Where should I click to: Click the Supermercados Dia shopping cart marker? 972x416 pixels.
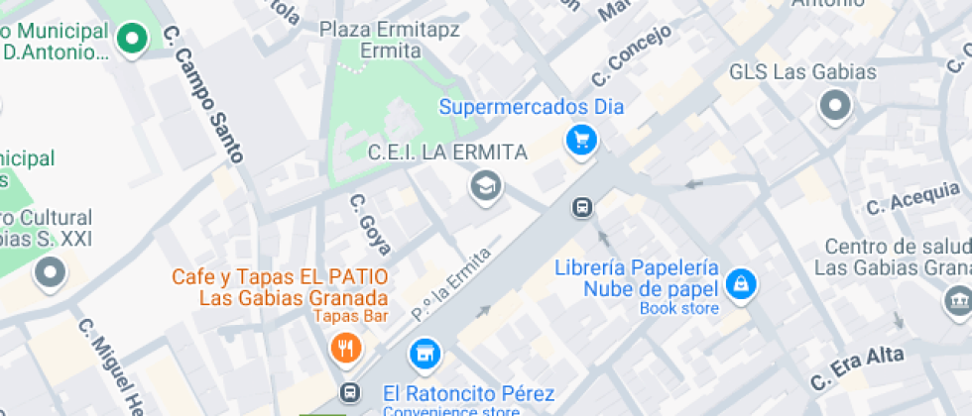pyautogui.click(x=581, y=140)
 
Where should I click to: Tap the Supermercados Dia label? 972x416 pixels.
pyautogui.click(x=532, y=107)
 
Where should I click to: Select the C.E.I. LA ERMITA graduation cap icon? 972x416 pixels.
pyautogui.click(x=485, y=185)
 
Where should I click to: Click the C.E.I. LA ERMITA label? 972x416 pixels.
pyautogui.click(x=447, y=153)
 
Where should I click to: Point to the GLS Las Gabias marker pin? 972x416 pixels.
pyautogui.click(x=835, y=106)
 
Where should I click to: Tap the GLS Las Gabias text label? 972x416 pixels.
pyautogui.click(x=802, y=72)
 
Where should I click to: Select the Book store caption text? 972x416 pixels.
pyautogui.click(x=678, y=308)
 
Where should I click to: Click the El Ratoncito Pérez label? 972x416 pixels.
pyautogui.click(x=468, y=393)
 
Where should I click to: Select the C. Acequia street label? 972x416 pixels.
pyautogui.click(x=912, y=198)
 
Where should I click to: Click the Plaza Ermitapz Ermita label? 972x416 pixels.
pyautogui.click(x=389, y=39)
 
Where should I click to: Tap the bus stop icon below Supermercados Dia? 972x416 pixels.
pyautogui.click(x=582, y=207)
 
